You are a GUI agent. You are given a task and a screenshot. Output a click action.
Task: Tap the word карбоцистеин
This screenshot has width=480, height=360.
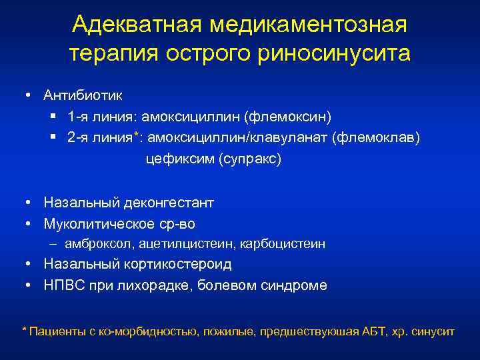tap(282, 244)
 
